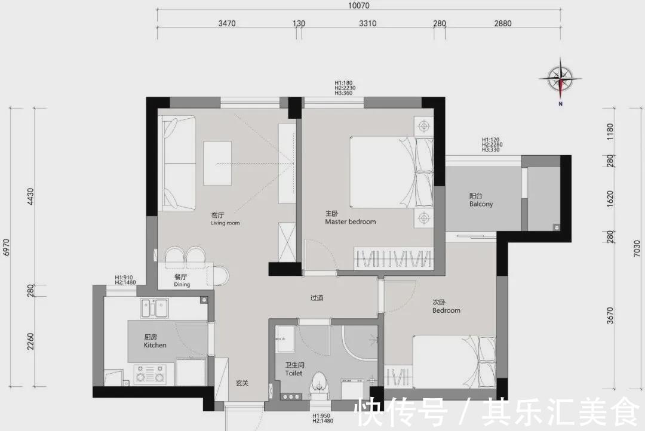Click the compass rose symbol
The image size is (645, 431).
tap(560, 79)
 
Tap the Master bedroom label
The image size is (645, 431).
tap(351, 221)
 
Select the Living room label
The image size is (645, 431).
tap(225, 223)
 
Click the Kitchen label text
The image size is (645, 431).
tap(155, 345)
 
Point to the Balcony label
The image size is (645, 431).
tap(481, 204)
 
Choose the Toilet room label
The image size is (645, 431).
tap(294, 373)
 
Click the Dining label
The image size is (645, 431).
tap(182, 285)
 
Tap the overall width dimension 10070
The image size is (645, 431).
tap(359, 5)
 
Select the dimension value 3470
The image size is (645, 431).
tap(227, 23)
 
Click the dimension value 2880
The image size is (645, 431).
tap(503, 23)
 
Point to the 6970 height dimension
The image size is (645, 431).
tap(6, 247)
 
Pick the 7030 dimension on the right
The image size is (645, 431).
tap(637, 249)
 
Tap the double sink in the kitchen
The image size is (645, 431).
tap(155, 309)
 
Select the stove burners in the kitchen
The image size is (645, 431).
tap(149, 374)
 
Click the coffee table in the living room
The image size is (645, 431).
tap(217, 163)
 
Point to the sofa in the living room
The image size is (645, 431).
tap(179, 163)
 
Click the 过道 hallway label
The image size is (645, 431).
tap(317, 297)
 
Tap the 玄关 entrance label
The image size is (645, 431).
tap(242, 383)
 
